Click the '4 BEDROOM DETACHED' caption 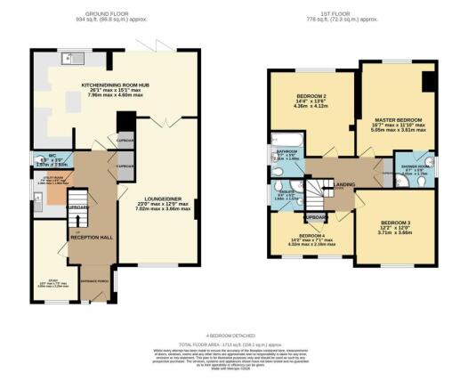(x=235, y=334)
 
